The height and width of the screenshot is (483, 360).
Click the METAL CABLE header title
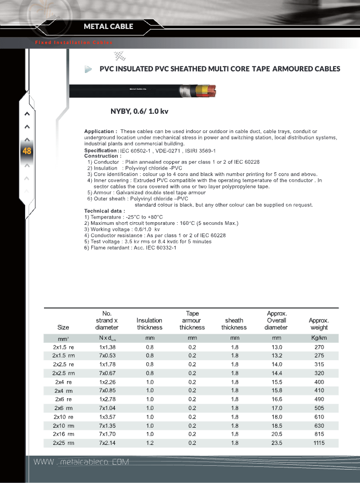tap(108, 26)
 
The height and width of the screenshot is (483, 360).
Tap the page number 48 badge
tap(27, 151)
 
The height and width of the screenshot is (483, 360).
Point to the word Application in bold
tap(100, 131)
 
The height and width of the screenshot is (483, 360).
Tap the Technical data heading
tap(104, 211)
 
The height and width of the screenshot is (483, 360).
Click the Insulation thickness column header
tap(150, 324)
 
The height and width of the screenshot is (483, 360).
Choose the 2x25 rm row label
tap(63, 443)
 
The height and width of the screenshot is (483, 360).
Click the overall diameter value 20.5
tap(276, 434)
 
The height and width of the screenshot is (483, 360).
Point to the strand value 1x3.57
tap(107, 417)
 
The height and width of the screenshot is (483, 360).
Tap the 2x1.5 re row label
tap(63, 347)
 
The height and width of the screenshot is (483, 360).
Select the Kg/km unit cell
tap(319, 338)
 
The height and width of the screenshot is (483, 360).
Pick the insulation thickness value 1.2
tap(150, 443)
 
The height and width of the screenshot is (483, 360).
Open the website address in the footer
tap(82, 462)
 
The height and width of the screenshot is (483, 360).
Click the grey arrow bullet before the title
tap(89, 69)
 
